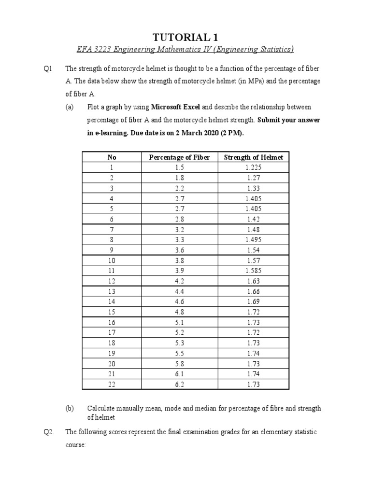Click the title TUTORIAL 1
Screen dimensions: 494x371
[185, 38]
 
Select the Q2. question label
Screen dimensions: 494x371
[49, 432]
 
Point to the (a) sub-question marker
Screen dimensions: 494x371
[71, 107]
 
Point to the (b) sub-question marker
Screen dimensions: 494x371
[71, 408]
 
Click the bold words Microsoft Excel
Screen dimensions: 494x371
[176, 107]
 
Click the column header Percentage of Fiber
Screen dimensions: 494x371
[179, 157]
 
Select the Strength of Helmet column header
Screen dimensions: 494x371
[253, 157]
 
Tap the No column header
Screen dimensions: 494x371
[112, 157]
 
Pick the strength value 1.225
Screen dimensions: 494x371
[253, 167]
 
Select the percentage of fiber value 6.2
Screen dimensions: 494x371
[179, 384]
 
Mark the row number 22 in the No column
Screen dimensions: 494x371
[112, 384]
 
